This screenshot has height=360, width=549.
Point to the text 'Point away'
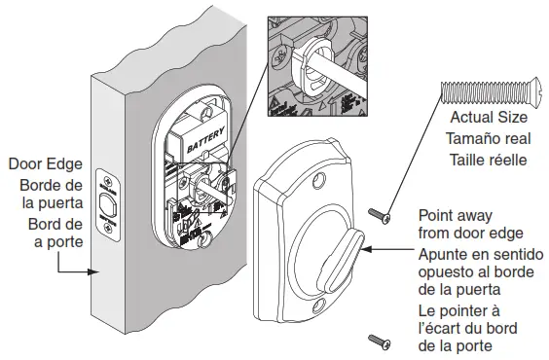pyautogui.click(x=455, y=215)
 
